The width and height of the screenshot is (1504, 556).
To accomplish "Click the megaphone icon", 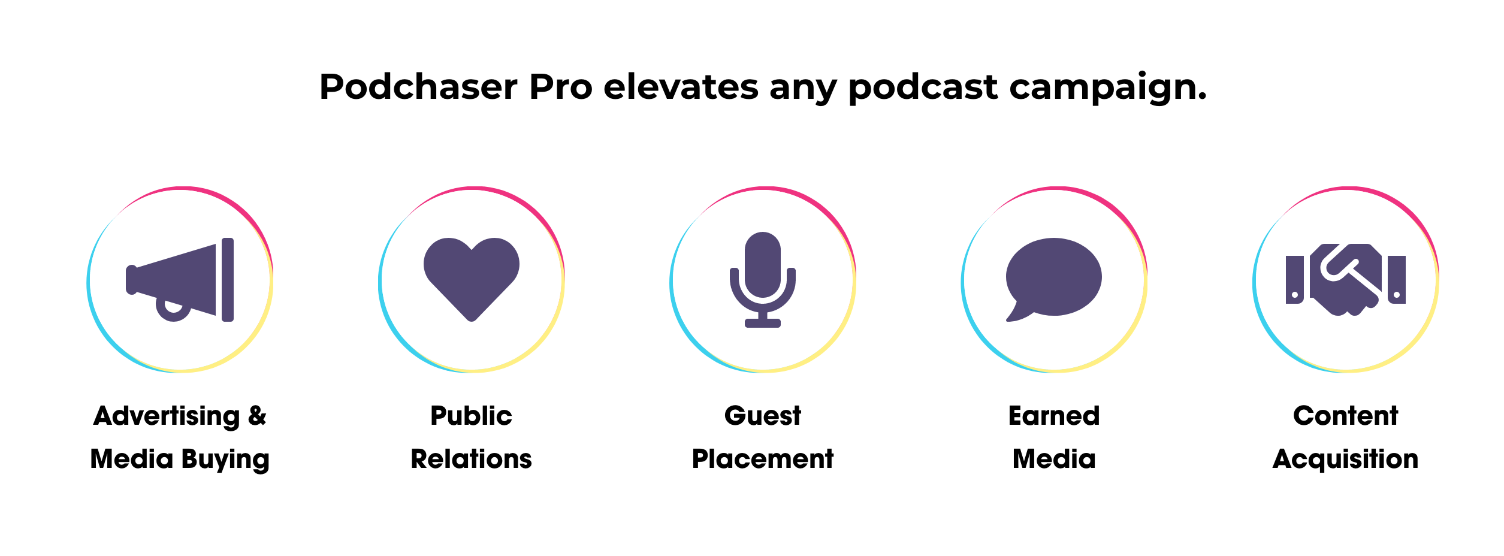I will (180, 279).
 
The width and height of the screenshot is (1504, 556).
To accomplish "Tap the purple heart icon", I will (472, 277).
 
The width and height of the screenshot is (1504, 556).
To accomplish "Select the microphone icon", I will (763, 279).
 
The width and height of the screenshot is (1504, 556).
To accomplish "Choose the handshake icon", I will (1346, 279).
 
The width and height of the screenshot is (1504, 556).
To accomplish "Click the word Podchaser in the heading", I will (418, 87).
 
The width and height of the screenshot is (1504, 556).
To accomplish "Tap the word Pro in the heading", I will (561, 87).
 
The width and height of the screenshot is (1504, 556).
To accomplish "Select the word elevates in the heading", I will (681, 87).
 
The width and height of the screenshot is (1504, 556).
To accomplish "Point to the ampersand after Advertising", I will (257, 416).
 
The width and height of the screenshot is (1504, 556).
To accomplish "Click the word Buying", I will (225, 460).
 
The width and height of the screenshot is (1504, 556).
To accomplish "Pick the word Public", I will (471, 416).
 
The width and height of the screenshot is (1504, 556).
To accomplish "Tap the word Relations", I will (471, 459).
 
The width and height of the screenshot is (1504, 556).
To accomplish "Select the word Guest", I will (763, 416).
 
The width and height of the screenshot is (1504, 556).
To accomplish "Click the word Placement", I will (763, 459).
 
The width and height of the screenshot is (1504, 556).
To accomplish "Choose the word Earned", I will (1054, 416).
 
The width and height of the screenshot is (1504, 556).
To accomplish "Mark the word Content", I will (1346, 416).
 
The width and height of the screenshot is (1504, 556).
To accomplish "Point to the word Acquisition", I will (1346, 460).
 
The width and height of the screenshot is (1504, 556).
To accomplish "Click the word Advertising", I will (167, 416).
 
